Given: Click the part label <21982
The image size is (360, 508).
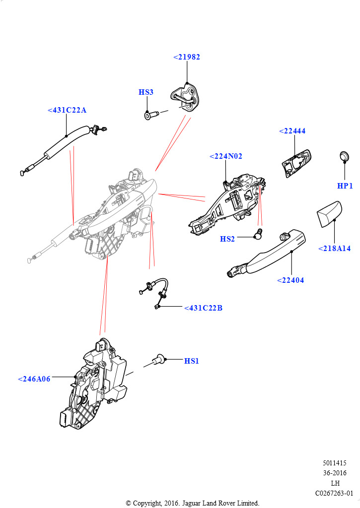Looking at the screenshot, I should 187,57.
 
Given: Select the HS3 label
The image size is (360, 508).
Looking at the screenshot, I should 145,92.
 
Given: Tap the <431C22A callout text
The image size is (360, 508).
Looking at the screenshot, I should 67,110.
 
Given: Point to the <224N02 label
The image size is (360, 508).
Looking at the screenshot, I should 226,156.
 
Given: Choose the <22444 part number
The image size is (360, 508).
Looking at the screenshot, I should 292,131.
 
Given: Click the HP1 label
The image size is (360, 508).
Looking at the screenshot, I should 345,186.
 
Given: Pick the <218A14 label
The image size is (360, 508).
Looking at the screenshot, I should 334,249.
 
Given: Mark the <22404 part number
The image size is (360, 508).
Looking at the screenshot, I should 290,280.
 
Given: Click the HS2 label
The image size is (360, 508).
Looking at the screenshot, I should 227,239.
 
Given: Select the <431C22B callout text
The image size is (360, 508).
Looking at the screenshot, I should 203,308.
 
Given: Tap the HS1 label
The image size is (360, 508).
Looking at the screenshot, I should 191,361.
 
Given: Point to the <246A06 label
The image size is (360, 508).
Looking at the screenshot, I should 34,379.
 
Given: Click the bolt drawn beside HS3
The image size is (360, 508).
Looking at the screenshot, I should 150,116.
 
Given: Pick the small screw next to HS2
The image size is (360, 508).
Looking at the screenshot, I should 258,234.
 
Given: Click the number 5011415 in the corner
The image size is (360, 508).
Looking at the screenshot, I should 335,463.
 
